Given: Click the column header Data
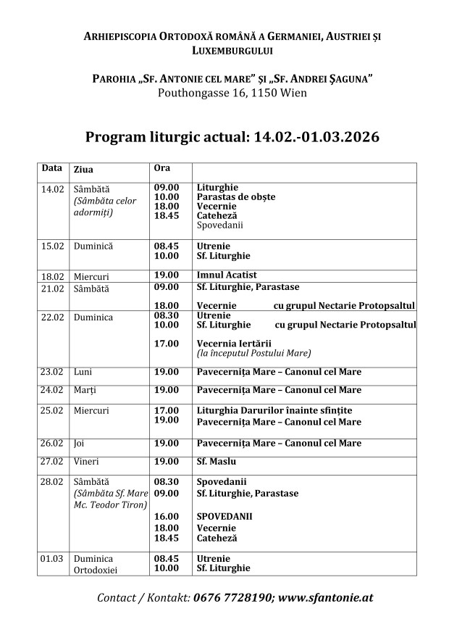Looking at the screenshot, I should [x=51, y=168].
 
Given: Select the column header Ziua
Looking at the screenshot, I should [x=83, y=169].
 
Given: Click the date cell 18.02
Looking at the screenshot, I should [x=52, y=275].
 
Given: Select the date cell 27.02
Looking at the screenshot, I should [x=52, y=461].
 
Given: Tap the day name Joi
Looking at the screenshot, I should [x=79, y=443].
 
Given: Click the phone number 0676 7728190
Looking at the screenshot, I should [x=232, y=598].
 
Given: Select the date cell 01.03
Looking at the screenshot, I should [x=52, y=559].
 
